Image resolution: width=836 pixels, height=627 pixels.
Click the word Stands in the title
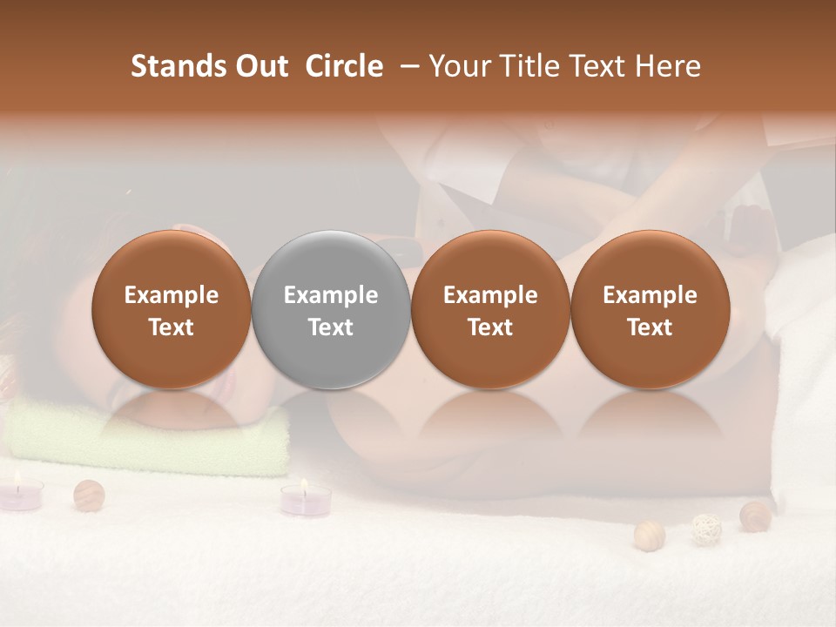[178, 66]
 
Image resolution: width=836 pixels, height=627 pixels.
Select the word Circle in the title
[344, 66]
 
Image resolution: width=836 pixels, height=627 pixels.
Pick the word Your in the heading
[461, 66]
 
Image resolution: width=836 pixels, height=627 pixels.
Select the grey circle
[331, 309]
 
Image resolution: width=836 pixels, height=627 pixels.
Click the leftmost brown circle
[172, 309]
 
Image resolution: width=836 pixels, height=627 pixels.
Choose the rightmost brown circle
[650, 309]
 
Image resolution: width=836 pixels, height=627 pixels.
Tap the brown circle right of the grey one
[490, 309]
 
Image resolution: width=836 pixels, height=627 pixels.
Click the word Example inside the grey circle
[331, 295]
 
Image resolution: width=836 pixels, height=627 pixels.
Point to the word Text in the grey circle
[331, 327]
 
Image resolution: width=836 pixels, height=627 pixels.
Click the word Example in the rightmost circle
[650, 295]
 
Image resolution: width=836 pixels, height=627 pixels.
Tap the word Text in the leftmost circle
[172, 327]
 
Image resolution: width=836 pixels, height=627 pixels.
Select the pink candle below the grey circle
[306, 500]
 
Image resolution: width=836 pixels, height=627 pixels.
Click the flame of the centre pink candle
[304, 483]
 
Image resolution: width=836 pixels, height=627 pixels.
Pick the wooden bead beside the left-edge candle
[89, 495]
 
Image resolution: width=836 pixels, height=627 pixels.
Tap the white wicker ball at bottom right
[705, 529]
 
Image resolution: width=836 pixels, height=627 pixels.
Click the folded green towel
[148, 437]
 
